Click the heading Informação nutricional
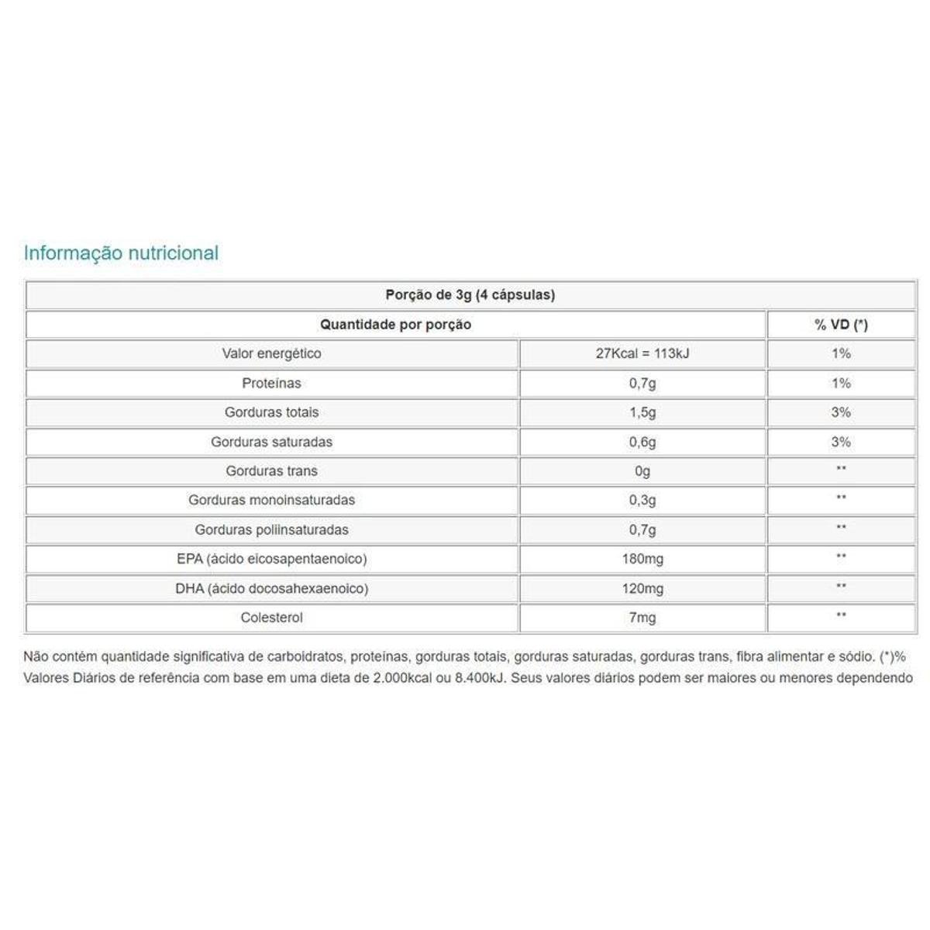[121, 253]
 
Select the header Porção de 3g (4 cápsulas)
[470, 294]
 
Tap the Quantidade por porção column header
[395, 324]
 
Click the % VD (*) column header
[841, 324]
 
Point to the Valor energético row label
[271, 353]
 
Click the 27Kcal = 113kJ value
[642, 353]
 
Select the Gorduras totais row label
[271, 412]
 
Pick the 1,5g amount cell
[642, 412]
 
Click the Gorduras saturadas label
[271, 442]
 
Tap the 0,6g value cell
[642, 442]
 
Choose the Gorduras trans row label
[271, 471]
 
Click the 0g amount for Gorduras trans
[642, 471]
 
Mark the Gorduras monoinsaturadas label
[271, 500]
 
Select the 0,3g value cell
[642, 500]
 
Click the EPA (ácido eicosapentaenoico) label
[271, 559]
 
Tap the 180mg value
[642, 559]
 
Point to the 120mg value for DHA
[642, 588]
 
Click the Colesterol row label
[271, 618]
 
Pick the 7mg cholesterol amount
[642, 618]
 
